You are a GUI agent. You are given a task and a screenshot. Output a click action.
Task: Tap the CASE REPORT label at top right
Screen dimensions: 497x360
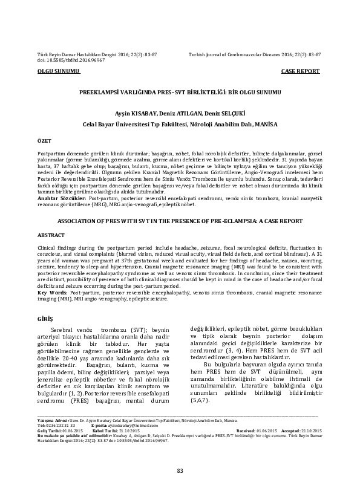[300, 71]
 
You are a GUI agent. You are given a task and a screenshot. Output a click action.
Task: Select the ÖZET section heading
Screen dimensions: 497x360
[45, 139]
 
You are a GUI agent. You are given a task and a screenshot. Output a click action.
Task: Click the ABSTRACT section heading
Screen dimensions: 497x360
[51, 250]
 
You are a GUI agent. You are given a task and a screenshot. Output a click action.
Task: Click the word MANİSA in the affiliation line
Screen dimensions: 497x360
[267, 123]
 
